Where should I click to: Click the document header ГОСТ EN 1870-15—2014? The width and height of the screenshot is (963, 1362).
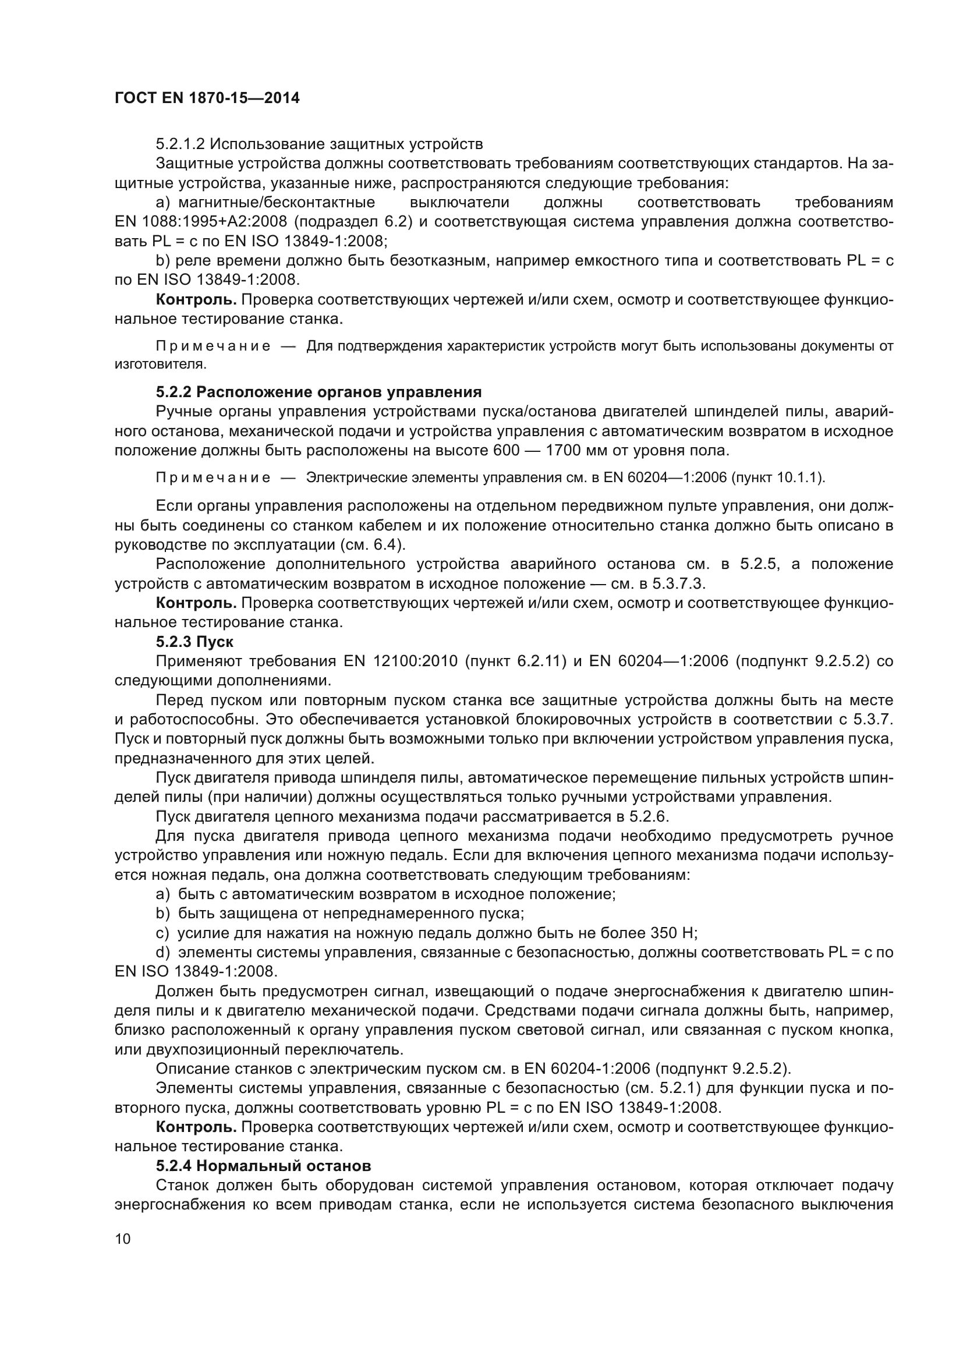point(207,98)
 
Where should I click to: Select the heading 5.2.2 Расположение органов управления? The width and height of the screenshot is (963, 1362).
point(318,392)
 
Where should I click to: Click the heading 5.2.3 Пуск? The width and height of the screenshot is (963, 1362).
point(194,642)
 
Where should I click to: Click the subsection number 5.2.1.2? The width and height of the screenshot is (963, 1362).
point(180,144)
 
